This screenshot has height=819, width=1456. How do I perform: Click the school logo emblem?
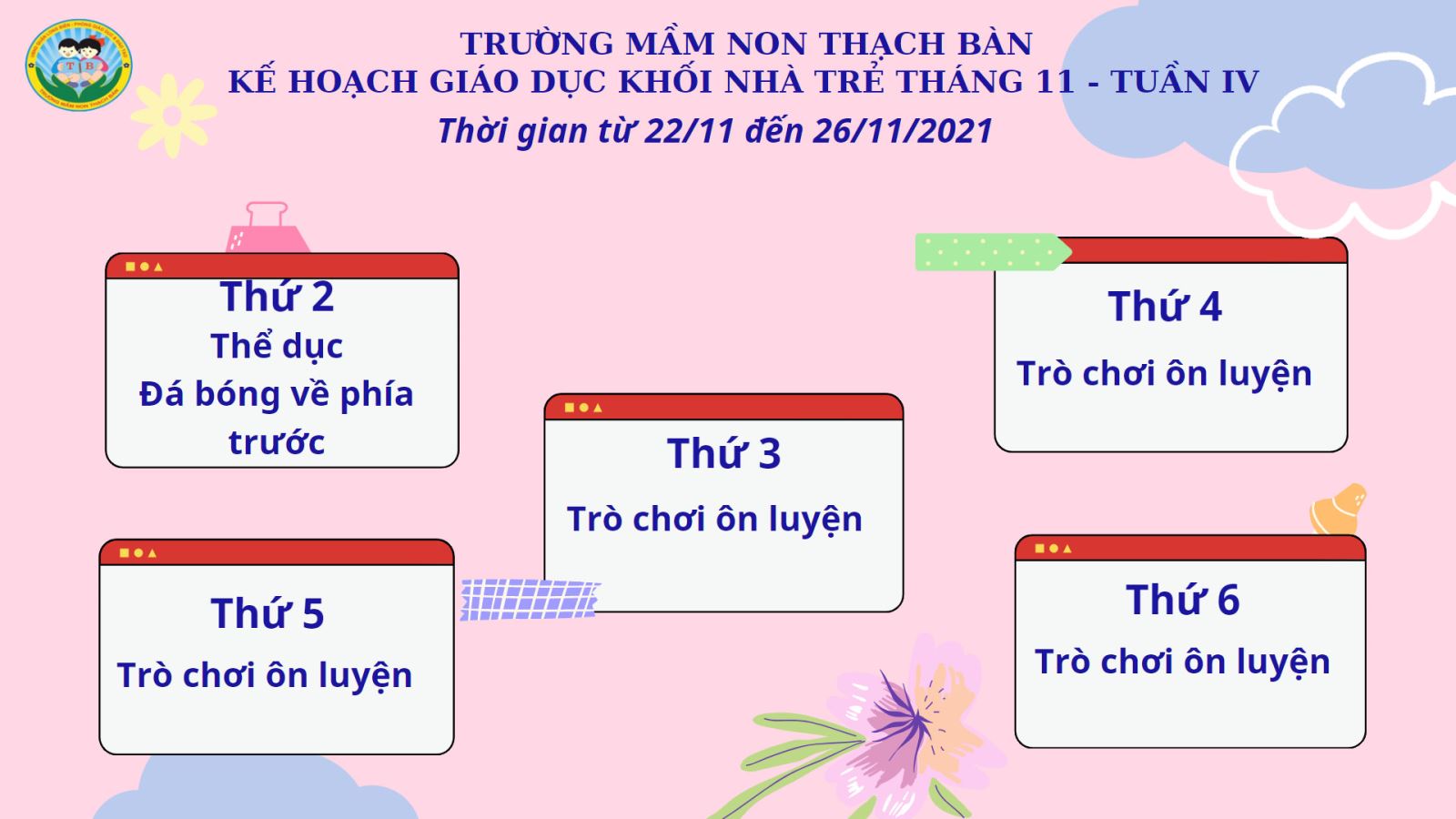78,65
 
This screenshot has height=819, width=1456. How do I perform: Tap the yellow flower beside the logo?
173,116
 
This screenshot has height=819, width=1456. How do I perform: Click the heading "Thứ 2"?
277,297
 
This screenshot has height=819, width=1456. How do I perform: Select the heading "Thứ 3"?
723,453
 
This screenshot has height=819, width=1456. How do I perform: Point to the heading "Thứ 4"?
1165,306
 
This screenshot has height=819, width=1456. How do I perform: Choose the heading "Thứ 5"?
268,613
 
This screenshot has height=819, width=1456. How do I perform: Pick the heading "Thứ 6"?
1183,600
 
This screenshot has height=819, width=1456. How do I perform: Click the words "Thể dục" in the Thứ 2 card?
277,345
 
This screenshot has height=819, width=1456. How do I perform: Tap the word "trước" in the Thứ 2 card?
277,442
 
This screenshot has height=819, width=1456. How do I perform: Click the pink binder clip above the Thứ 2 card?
267,227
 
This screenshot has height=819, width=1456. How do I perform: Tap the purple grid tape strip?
530,600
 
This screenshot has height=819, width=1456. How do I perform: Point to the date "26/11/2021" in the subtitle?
902,131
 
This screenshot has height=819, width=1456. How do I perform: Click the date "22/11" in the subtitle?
690,131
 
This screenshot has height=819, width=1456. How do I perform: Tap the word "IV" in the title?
1241,82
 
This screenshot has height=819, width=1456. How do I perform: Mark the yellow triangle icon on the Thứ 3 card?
598,409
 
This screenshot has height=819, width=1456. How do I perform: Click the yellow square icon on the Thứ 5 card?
124,553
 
